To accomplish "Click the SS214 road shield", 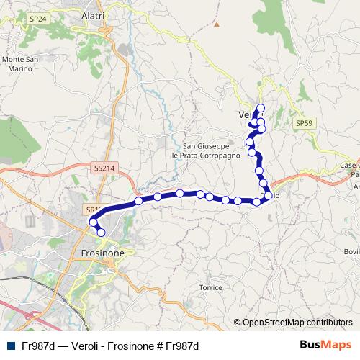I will [104, 167].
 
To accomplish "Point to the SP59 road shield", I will [305, 123].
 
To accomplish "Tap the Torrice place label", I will [211, 287].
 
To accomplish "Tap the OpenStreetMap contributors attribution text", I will [293, 323].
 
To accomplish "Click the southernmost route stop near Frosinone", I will [101, 232].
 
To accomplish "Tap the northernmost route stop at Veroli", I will [261, 108].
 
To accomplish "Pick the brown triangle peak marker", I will [216, 23].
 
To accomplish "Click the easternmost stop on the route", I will [268, 195].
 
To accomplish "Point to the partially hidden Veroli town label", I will [243, 114].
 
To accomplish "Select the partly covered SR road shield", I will [90, 210].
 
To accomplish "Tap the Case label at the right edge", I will [348, 164].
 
